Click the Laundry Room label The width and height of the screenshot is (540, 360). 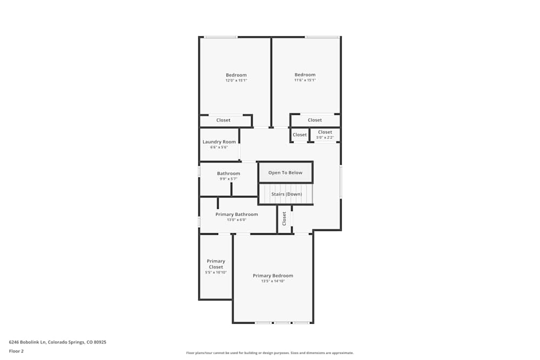pos(219,142)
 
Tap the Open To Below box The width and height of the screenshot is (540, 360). pos(286,173)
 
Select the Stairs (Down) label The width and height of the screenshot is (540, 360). pos(287,194)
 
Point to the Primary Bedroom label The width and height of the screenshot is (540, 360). pos(273,276)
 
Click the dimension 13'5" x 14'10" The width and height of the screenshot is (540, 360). pos(273,281)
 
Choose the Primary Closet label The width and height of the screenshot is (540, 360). pos(216,264)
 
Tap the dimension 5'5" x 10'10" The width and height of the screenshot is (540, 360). pos(216,273)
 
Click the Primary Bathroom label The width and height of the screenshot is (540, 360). pos(237,214)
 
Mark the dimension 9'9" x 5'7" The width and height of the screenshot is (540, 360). pos(228,179)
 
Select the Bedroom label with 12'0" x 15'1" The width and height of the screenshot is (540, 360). pos(236,75)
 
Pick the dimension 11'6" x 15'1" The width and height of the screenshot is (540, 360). pos(305,80)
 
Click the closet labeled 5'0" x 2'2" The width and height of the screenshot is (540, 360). pos(325,132)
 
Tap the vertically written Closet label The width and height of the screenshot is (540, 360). pos(284,219)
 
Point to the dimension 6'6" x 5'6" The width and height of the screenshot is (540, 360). pos(219,147)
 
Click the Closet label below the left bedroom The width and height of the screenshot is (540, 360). pos(223,120)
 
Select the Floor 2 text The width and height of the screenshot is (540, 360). pos(16,351)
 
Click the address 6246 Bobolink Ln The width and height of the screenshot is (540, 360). pos(57,342)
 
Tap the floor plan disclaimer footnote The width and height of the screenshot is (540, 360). pos(270,353)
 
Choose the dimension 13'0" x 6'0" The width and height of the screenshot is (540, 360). pos(237,220)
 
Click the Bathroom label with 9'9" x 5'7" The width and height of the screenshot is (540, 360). pos(228,173)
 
